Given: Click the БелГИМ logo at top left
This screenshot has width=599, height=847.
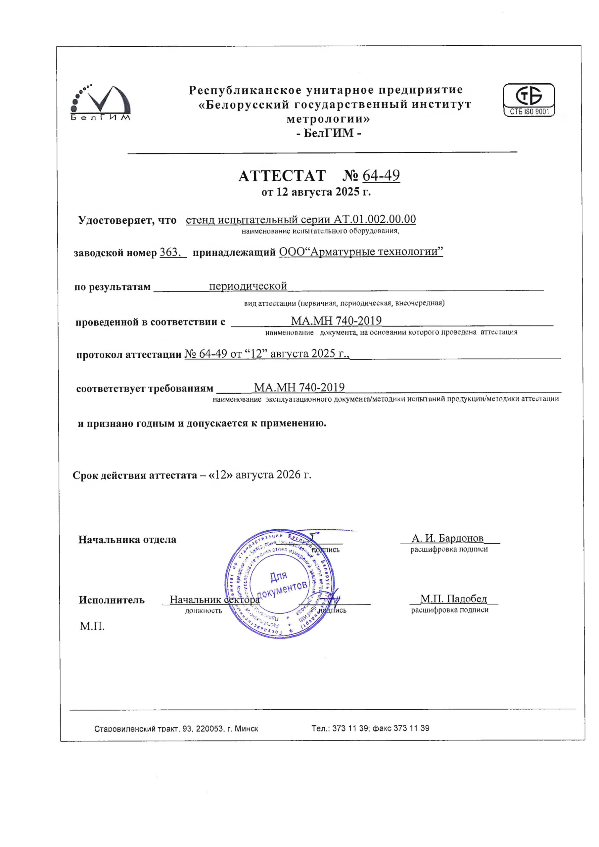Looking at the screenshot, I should click(100, 103).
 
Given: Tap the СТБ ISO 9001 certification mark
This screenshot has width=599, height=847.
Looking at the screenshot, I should click(529, 100).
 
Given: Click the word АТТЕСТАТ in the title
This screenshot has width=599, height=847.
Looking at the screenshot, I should click(282, 176).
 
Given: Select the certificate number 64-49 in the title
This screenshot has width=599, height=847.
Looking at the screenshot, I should click(381, 175).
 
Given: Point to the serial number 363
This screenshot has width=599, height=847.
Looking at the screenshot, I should click(169, 252).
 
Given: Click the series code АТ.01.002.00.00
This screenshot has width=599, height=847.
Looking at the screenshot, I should click(375, 219).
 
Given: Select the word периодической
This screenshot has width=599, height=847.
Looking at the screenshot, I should click(248, 286).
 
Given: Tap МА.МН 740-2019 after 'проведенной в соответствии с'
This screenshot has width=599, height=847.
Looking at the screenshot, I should click(336, 321).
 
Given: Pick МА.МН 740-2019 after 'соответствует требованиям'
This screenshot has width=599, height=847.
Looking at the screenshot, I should click(299, 387).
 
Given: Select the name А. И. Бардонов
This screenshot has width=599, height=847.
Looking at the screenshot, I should click(447, 538).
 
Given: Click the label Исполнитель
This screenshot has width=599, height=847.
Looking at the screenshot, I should click(111, 600).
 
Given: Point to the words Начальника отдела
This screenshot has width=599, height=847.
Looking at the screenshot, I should click(127, 540).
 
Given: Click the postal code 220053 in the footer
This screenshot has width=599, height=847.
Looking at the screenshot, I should click(209, 729).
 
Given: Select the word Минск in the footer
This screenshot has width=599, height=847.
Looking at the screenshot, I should click(246, 729).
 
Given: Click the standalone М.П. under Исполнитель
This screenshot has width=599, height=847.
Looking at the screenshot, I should click(92, 626).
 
